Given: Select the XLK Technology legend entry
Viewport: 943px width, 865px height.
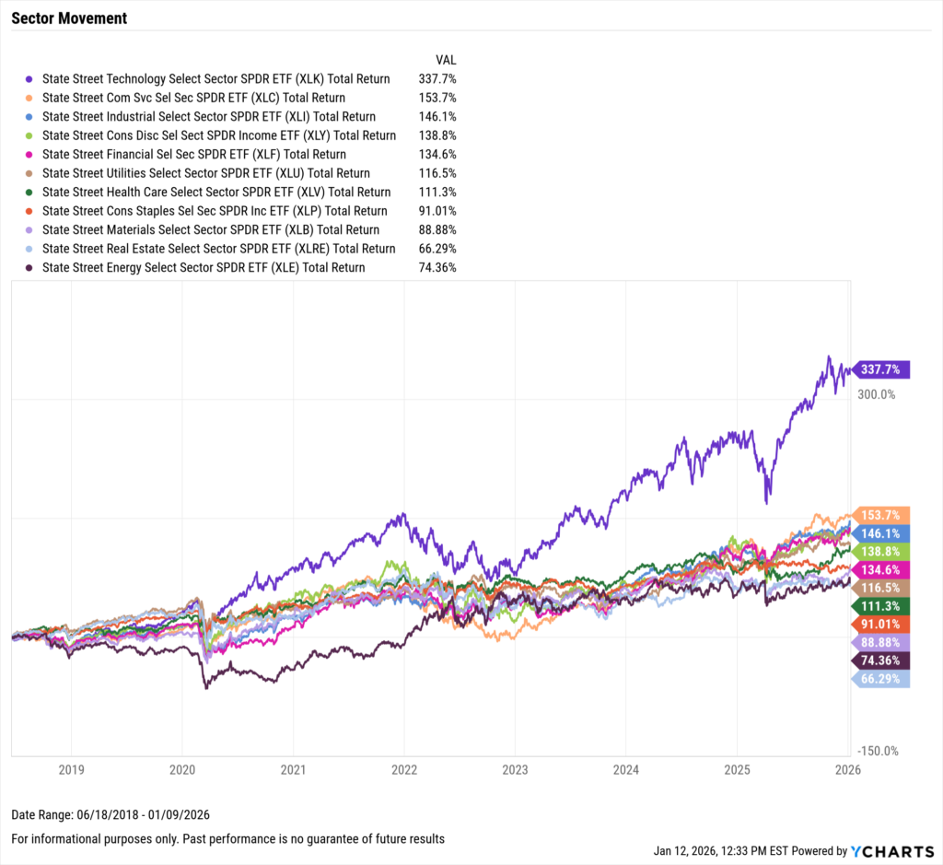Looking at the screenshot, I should click(x=215, y=79).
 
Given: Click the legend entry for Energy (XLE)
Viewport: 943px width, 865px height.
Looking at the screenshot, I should click(x=204, y=268).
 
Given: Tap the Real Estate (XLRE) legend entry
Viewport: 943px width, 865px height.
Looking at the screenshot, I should click(x=218, y=249).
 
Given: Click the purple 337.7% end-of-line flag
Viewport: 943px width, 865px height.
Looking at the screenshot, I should click(x=882, y=369).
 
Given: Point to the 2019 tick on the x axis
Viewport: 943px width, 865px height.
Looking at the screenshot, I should click(x=71, y=769).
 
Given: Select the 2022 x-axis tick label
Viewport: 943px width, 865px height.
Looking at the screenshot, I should click(x=404, y=769).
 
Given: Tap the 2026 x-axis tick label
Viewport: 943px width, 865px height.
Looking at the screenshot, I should click(x=847, y=769).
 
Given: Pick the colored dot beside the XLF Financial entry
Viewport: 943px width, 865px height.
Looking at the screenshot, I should click(x=29, y=155).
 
